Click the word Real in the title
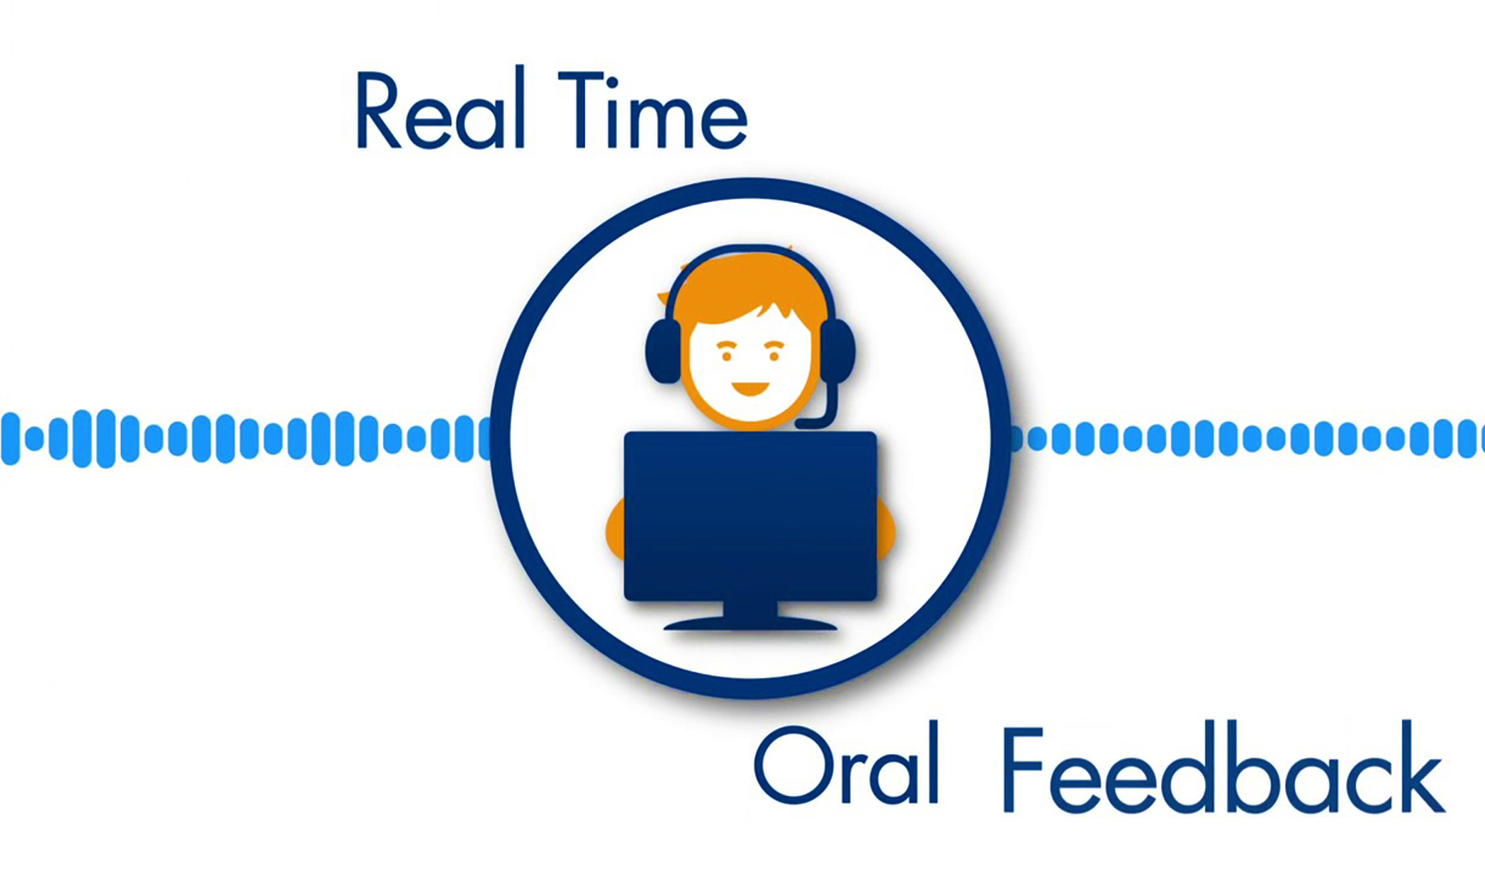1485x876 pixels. [x=442, y=108]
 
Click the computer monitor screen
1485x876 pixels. [x=750, y=516]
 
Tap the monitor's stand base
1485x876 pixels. [x=750, y=624]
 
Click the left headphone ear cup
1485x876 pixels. [x=663, y=350]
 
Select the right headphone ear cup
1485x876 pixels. [x=837, y=350]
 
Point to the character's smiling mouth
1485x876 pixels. [x=749, y=388]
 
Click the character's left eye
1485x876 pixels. [x=727, y=356]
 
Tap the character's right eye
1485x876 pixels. [x=774, y=356]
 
